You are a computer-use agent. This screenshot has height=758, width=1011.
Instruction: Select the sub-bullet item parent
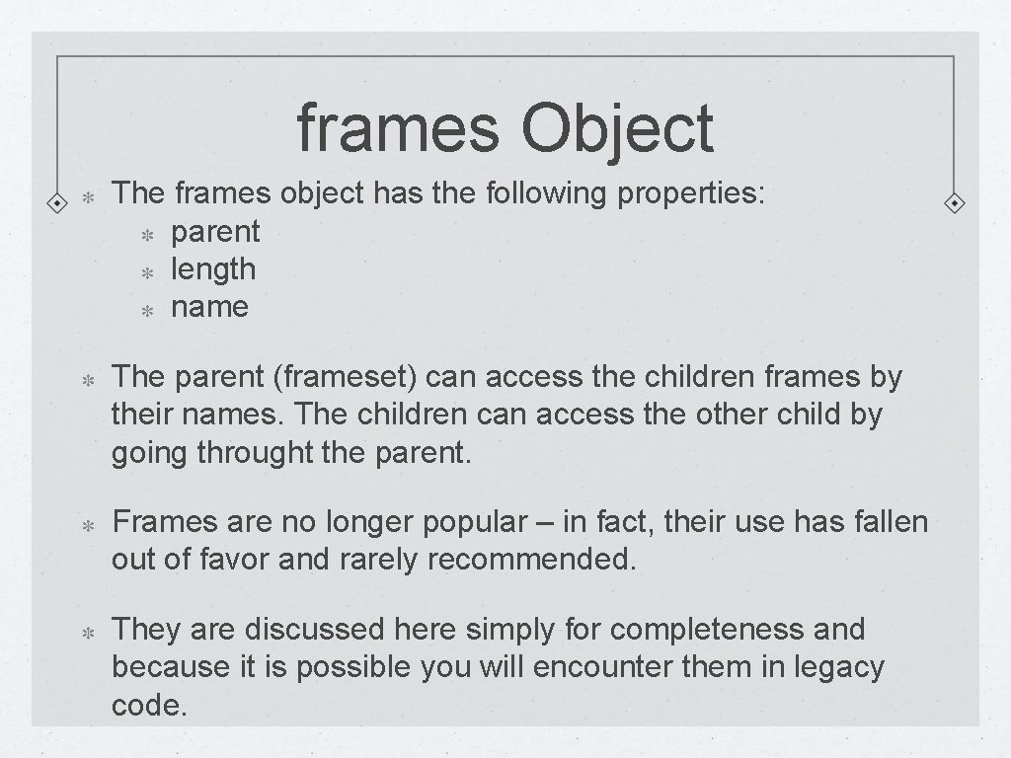point(215,232)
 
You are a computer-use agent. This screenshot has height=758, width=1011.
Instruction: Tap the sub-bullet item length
point(213,269)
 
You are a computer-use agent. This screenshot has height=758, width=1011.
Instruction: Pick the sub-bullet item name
point(209,307)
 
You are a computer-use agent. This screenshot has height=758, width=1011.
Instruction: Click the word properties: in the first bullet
point(690,194)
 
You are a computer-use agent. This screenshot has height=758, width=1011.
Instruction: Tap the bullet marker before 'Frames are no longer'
point(86,523)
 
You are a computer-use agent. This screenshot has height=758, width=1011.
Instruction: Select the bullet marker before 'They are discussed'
point(86,631)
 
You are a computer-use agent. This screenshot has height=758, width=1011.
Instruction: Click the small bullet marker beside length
point(145,272)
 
